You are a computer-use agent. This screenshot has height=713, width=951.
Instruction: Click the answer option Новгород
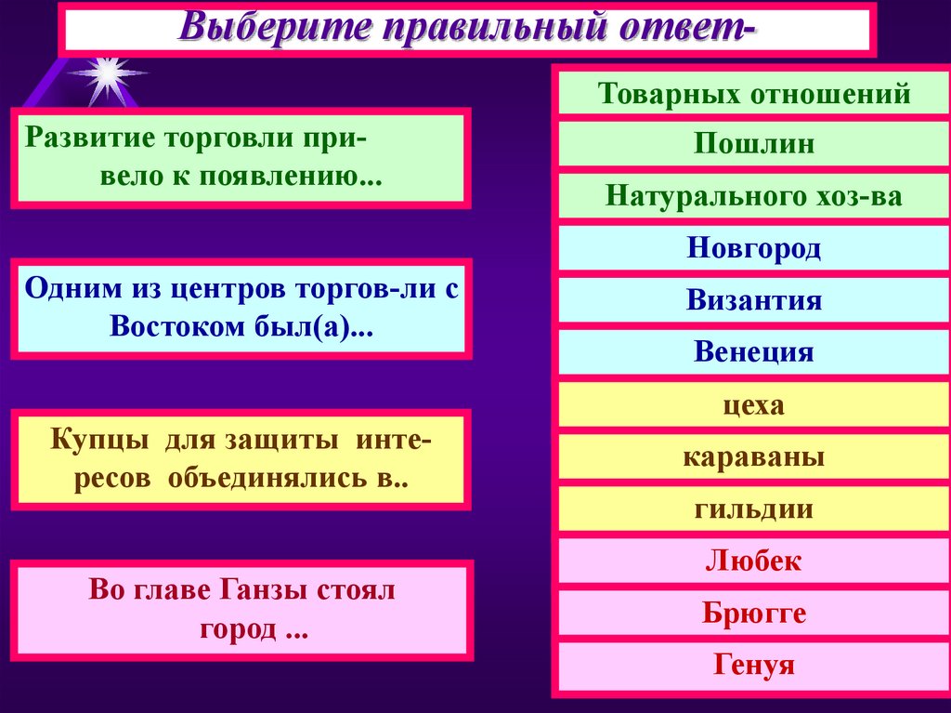(754, 249)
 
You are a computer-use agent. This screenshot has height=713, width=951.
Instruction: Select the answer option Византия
(754, 301)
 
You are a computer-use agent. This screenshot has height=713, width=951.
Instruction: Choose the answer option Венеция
(754, 353)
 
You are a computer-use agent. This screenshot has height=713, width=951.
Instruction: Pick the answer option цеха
(754, 405)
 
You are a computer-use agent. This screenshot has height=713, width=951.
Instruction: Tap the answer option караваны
(754, 457)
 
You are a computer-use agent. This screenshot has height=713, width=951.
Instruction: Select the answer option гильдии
(754, 509)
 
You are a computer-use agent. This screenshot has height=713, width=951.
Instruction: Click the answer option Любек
(754, 561)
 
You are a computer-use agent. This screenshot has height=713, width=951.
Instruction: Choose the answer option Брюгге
(754, 614)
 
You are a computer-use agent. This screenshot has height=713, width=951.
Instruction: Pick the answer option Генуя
(754, 666)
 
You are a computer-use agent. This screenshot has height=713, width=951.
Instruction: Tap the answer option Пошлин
(754, 145)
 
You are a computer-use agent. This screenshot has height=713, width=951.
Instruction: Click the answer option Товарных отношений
(754, 94)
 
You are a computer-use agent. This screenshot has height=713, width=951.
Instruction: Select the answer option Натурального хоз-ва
(754, 197)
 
